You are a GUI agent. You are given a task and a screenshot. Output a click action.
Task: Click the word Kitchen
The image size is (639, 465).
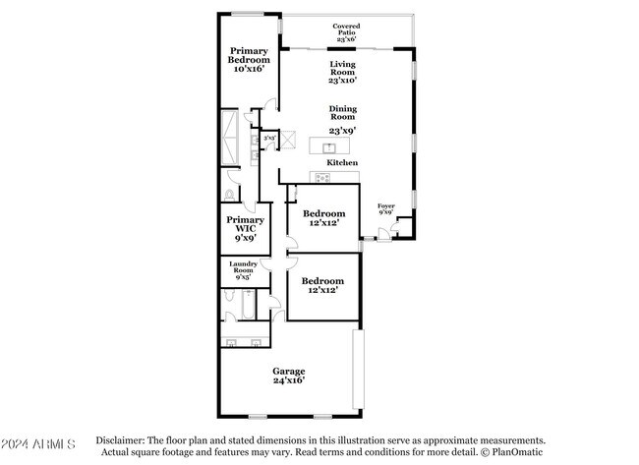[342, 162]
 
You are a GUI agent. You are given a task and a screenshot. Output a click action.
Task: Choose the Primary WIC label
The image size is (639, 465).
[245, 225]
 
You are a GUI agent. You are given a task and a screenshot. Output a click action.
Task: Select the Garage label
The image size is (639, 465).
[289, 371]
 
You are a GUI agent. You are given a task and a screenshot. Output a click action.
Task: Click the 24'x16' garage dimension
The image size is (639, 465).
[289, 380]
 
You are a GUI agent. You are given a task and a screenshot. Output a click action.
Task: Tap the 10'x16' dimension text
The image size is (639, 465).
[249, 69]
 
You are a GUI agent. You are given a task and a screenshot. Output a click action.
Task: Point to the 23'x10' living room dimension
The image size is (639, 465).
[342, 79]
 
